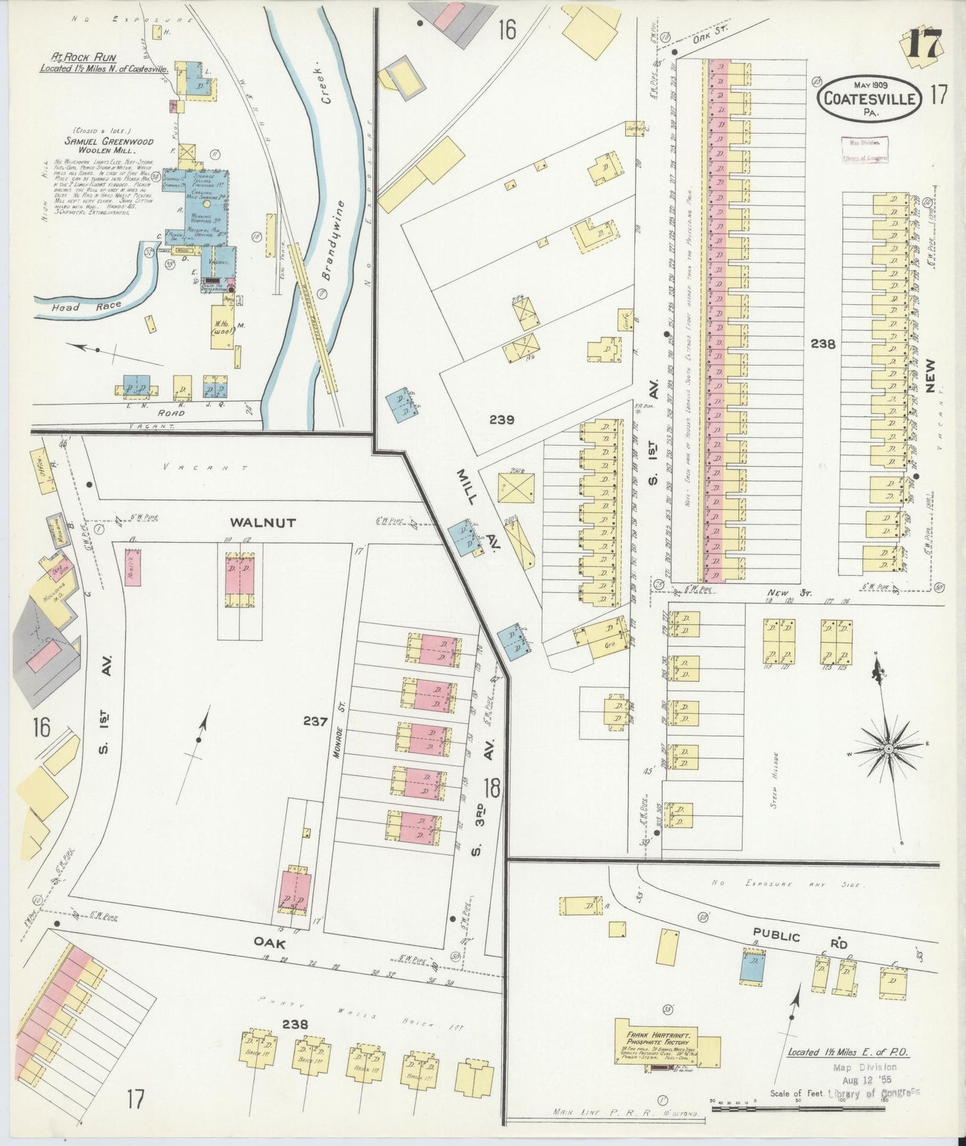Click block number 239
[x=501, y=420]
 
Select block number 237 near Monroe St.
[x=315, y=721]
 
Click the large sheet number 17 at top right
[x=926, y=45]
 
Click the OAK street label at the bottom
[x=270, y=943]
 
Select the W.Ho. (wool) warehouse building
[x=222, y=327]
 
